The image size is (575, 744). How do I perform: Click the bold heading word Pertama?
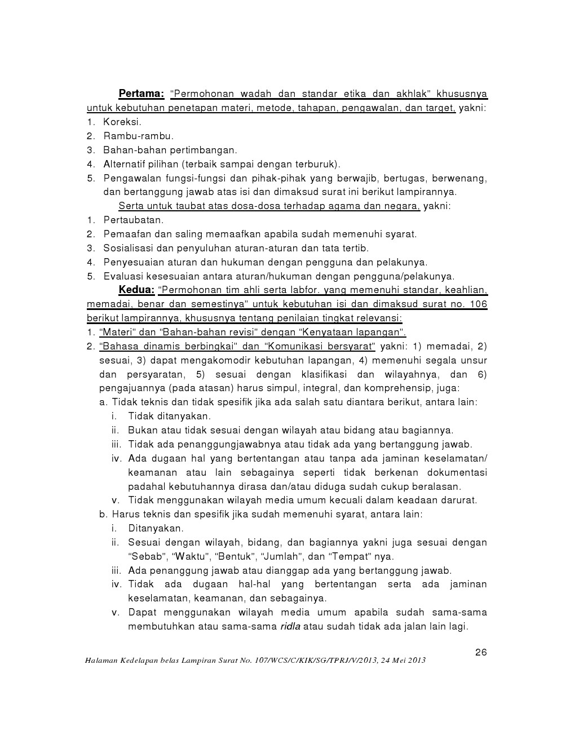[x=140, y=94]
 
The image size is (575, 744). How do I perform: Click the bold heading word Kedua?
[x=136, y=290]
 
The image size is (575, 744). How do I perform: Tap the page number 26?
[x=481, y=653]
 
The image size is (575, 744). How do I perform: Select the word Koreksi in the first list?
[x=122, y=122]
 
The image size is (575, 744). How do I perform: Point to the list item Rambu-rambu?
[x=138, y=136]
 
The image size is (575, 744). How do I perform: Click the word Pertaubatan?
[x=133, y=220]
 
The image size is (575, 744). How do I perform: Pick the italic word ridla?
[x=290, y=626]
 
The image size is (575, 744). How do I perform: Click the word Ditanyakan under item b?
[x=156, y=528]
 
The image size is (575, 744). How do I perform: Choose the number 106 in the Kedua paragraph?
[x=479, y=304]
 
